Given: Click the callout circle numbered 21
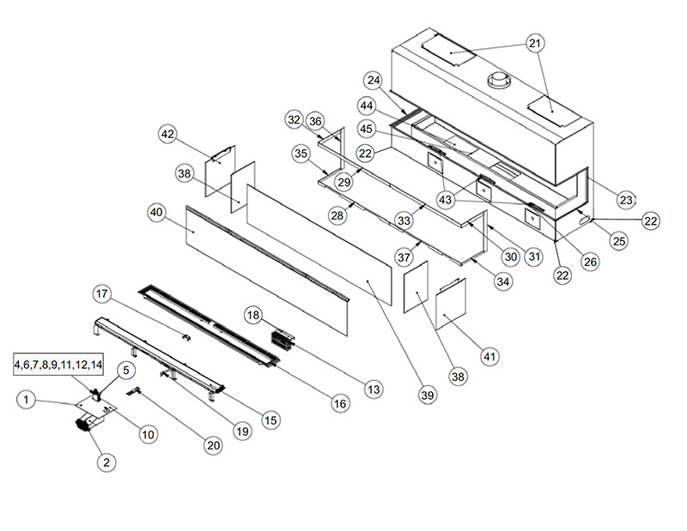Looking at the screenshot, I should click(x=535, y=43).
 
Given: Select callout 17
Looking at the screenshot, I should click(x=103, y=294).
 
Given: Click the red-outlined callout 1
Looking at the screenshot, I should click(x=27, y=399).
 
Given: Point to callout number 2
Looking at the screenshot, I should click(x=106, y=462).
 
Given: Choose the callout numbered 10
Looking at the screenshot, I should click(x=147, y=434).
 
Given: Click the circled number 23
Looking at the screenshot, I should click(x=626, y=200).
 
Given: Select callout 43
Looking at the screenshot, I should click(x=445, y=199).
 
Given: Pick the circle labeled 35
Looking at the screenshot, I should click(x=301, y=154).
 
